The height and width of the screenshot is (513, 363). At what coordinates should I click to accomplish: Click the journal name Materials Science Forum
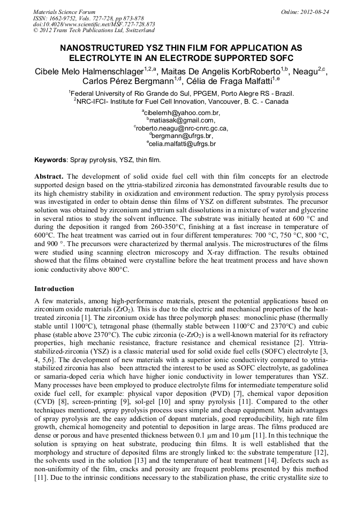pos(64,12)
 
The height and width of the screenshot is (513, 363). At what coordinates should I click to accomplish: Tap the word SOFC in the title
pos(282,58)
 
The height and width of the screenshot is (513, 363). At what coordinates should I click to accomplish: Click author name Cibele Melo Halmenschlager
pos(85,71)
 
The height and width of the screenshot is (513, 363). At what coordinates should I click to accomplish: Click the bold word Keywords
pos(50,159)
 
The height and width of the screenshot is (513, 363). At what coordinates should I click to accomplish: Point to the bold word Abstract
pos(49,176)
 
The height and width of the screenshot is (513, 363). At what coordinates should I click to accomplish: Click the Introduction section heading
pos(54,289)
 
